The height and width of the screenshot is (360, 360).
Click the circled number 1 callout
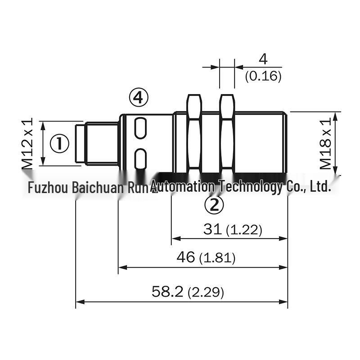coord(59,144)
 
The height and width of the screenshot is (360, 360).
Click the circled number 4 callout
coord(139,97)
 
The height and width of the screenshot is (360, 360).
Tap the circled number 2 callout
coord(214,205)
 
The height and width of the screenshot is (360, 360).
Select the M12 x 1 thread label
coord(27,144)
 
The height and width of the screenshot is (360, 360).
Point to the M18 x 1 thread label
coord(325,144)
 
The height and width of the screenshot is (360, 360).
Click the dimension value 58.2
coord(167,292)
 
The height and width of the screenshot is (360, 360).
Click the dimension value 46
coord(185,257)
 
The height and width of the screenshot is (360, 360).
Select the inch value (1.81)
coord(217,258)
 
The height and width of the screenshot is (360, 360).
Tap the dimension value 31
coord(212,229)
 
